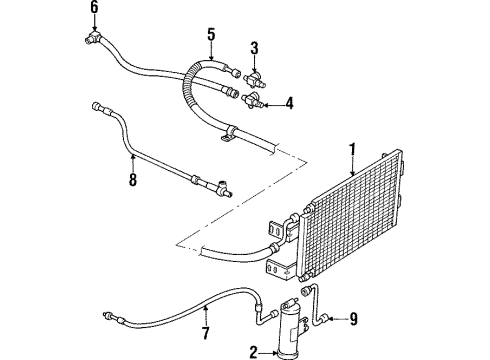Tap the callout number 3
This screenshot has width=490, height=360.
pos(254,47)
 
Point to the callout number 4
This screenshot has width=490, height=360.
pos(288,102)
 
